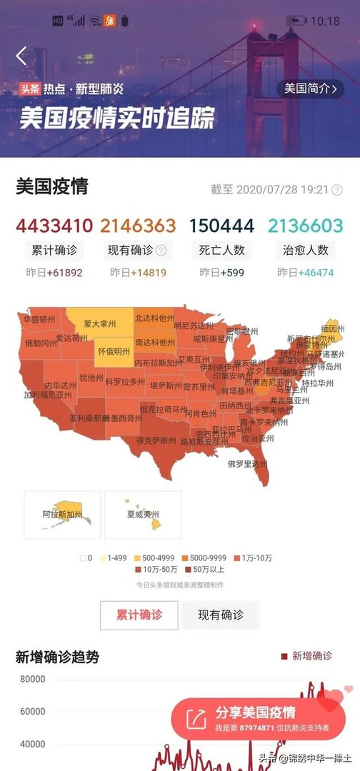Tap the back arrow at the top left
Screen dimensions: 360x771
pyautogui.click(x=21, y=56)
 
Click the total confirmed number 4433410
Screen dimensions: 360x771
pyautogui.click(x=54, y=226)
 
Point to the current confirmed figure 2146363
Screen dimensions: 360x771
pyautogui.click(x=138, y=226)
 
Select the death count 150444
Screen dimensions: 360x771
pyautogui.click(x=221, y=226)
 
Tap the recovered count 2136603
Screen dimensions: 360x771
pyautogui.click(x=306, y=226)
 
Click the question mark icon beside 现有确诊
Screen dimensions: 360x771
pyautogui.click(x=161, y=251)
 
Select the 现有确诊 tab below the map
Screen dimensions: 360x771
pyautogui.click(x=220, y=615)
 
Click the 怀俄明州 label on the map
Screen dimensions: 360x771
pyautogui.click(x=114, y=351)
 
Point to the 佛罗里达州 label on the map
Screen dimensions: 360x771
pyautogui.click(x=247, y=463)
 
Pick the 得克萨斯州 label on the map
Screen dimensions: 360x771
pyautogui.click(x=156, y=440)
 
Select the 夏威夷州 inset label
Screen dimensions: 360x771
pyautogui.click(x=142, y=514)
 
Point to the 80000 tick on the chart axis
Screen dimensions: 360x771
pyautogui.click(x=32, y=678)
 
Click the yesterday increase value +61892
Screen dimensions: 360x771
pyautogui.click(x=64, y=273)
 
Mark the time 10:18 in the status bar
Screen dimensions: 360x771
pyautogui.click(x=326, y=21)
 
